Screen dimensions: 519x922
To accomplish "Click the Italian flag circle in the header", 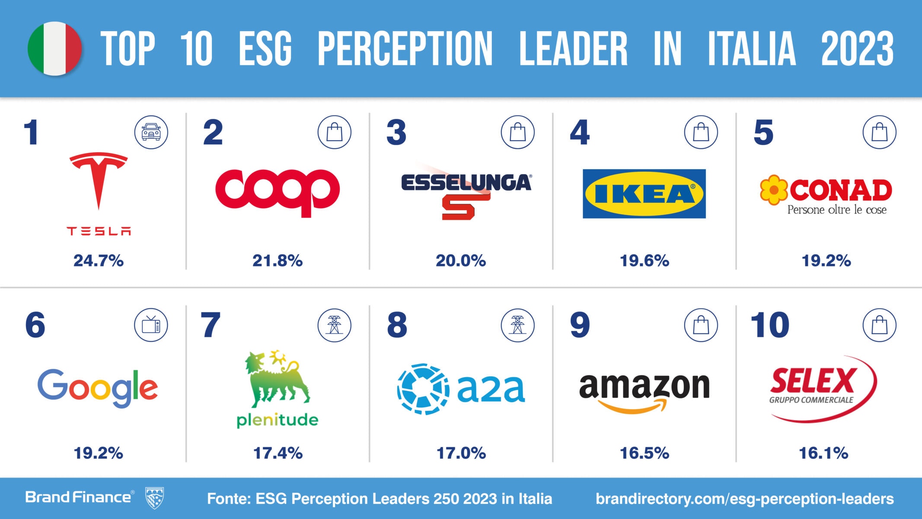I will point(55,48).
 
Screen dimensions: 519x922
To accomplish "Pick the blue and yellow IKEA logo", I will point(644,193).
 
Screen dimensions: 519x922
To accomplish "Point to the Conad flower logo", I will point(774,190).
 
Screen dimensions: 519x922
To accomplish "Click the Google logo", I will point(98,388).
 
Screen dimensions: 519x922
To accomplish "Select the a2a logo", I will point(461,389).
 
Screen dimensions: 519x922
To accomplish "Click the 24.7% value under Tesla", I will point(99,261).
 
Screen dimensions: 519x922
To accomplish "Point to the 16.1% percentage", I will point(823,453).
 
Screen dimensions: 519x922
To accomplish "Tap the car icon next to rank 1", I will point(151,132).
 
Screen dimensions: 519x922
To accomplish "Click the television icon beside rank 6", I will point(151,325).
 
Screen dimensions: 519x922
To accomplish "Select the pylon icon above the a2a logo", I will point(517,325).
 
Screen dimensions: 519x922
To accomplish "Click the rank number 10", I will point(770,325).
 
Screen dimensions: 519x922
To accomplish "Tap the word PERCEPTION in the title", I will point(405,48).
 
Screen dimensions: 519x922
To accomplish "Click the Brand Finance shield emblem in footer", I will point(154,497).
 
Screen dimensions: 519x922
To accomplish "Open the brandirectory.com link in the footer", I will point(744,499).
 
